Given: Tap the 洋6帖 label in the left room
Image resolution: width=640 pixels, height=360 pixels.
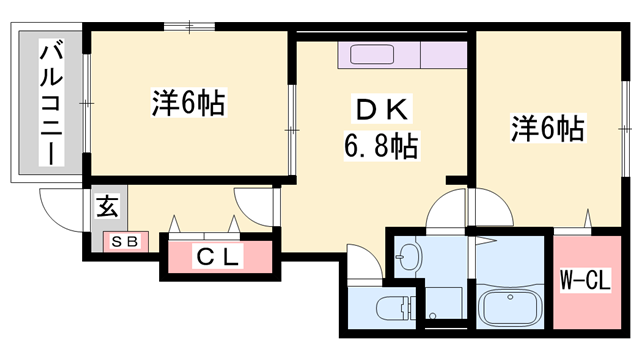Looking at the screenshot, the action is [189, 103].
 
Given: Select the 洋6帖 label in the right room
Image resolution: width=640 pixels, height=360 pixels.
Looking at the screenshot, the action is [548, 127].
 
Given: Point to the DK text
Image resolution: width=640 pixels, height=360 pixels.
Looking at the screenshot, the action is [382, 109].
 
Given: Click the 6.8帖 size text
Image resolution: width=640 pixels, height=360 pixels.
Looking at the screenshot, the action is [381, 146].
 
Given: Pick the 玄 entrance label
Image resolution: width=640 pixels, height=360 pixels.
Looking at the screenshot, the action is [107, 206].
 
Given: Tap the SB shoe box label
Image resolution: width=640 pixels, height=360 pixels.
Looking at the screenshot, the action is [125, 242].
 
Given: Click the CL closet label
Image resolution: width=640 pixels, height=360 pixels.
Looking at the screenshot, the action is [217, 256].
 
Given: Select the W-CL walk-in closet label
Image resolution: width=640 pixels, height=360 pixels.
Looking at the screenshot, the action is [585, 281].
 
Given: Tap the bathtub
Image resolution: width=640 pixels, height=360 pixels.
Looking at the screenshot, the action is [511, 307].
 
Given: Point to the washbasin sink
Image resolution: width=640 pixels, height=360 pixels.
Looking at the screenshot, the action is [408, 257].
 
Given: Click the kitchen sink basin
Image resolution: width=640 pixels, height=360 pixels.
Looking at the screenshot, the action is [372, 55].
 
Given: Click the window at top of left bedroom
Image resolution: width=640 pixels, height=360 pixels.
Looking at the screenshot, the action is [189, 27].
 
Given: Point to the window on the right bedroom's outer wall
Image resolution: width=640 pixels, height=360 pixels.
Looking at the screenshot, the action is [625, 129].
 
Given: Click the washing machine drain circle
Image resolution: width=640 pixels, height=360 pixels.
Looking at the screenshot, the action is [432, 316].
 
